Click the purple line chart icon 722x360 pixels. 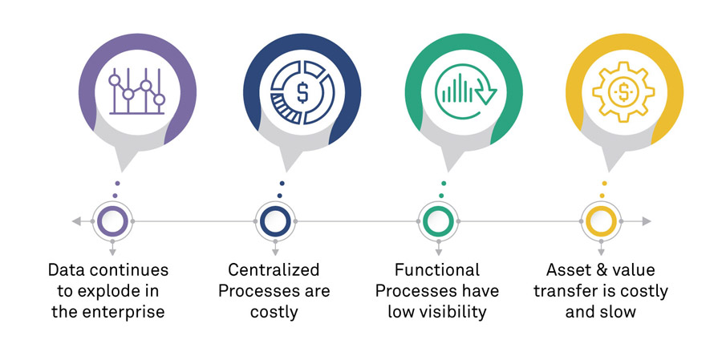click(x=136, y=91)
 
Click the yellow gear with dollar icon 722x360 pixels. click(x=623, y=90)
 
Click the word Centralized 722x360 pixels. click(x=274, y=270)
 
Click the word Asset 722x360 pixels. click(x=570, y=270)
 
